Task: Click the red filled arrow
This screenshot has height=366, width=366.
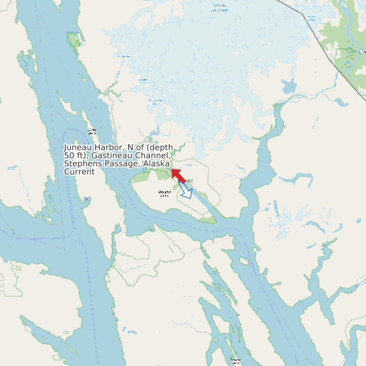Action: pos(179,176)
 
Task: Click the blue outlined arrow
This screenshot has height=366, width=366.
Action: pos(186,192)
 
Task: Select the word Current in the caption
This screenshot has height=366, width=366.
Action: pos(79,172)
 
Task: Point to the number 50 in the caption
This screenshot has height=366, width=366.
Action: pos(70,155)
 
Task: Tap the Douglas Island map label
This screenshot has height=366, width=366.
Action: pos(164,194)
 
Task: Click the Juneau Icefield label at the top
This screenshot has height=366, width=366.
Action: pos(219,7)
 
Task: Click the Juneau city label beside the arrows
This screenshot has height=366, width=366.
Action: pos(186,181)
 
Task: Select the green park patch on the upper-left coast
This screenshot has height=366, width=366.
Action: pos(73,39)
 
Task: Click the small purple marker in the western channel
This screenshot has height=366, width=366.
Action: pos(86,199)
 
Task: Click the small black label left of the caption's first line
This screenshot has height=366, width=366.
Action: pos(92,131)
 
